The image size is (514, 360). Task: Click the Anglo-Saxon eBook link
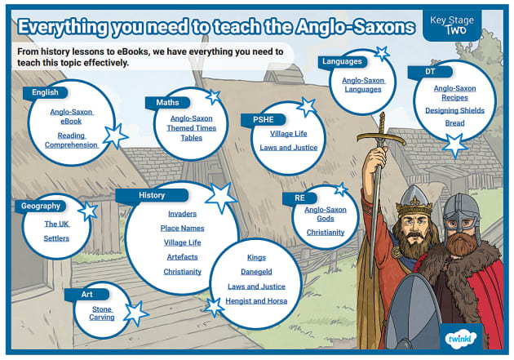click(x=71, y=116)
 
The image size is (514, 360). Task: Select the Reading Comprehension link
click(x=71, y=140)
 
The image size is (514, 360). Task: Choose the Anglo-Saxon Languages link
click(x=361, y=85)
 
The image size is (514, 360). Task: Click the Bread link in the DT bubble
click(x=454, y=123)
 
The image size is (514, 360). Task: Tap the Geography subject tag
click(x=39, y=207)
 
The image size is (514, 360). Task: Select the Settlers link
click(x=56, y=238)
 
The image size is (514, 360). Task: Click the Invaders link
click(x=182, y=214)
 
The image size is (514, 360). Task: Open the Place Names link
click(x=182, y=229)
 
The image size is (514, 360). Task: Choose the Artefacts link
click(x=182, y=257)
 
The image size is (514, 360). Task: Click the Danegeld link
click(x=256, y=272)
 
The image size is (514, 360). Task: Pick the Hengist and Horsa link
click(x=256, y=301)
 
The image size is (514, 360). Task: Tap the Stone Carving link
click(x=103, y=313)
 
